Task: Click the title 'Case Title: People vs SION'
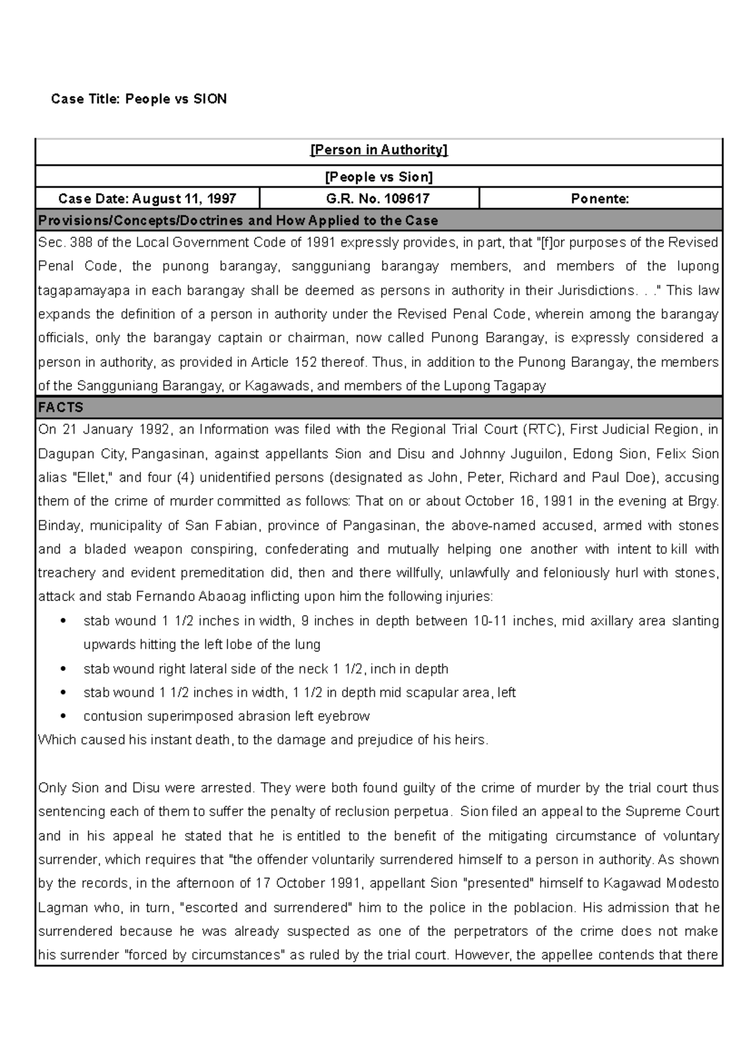[139, 99]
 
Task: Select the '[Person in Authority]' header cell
[379, 150]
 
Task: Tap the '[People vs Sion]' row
[379, 177]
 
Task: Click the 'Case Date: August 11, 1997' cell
[147, 199]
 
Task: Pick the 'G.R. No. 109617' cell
[369, 199]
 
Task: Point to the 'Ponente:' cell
[600, 199]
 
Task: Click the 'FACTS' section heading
[61, 407]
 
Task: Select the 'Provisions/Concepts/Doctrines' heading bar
[237, 221]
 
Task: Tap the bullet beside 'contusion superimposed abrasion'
[63, 717]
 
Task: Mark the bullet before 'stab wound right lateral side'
[63, 669]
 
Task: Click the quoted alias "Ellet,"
[93, 478]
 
